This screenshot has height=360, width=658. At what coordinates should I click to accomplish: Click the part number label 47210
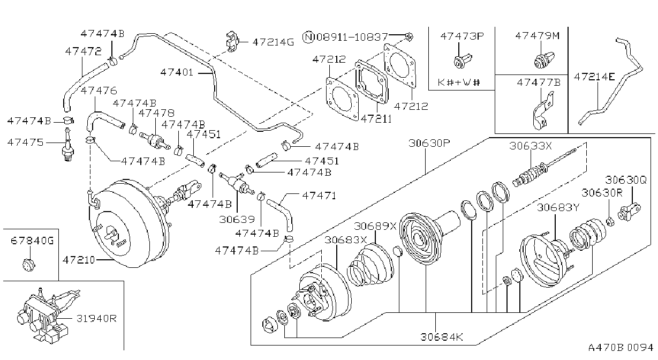(79, 260)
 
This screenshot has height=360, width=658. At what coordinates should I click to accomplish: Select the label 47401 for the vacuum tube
(177, 72)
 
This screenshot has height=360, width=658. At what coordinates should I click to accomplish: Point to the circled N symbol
(308, 37)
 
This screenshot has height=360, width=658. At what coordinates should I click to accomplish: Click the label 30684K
(441, 337)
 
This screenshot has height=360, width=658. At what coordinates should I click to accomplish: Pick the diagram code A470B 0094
(621, 347)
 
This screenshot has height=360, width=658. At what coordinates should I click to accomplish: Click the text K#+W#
(458, 82)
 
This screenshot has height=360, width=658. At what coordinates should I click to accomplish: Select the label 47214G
(273, 42)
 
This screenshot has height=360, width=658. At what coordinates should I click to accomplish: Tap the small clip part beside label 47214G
(232, 41)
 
